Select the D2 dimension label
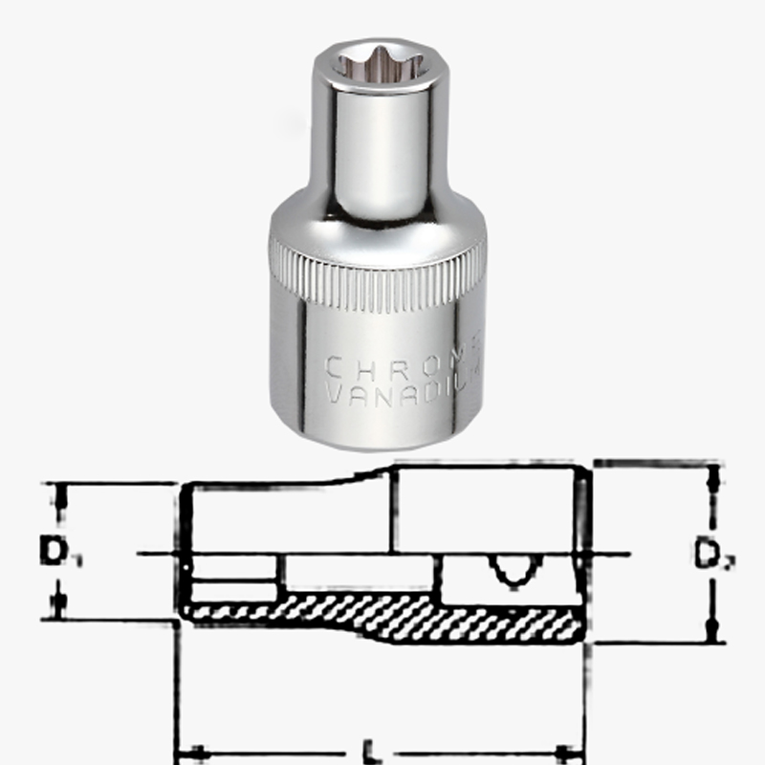(x=709, y=554)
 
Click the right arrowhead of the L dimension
(x=569, y=750)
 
